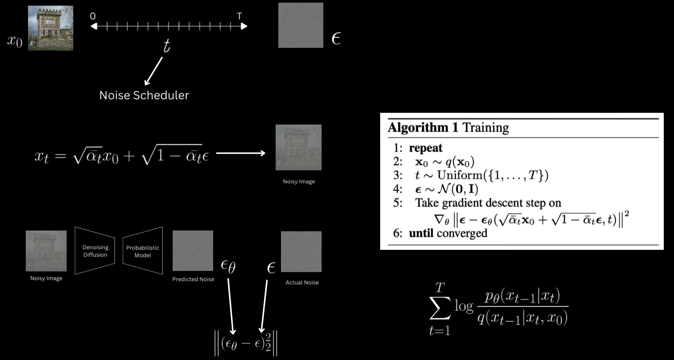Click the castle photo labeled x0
[x=50, y=28]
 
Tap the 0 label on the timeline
[x=93, y=16]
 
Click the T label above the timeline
[x=239, y=16]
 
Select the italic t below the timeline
[x=167, y=46]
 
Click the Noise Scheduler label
[x=144, y=95]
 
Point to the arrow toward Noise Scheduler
[x=153, y=71]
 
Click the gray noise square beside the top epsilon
[x=301, y=25]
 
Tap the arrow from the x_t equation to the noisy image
[x=240, y=153]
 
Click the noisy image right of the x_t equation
[x=298, y=147]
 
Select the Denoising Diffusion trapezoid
[x=95, y=251]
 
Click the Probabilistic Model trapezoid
[x=143, y=251]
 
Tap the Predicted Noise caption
[x=193, y=279]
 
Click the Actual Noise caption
[x=302, y=282]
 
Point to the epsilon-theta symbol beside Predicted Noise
[x=228, y=266]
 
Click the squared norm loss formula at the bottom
[x=246, y=343]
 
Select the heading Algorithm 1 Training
[x=448, y=128]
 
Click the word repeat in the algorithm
[x=426, y=148]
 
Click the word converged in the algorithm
[x=462, y=233]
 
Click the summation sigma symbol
[x=440, y=308]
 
